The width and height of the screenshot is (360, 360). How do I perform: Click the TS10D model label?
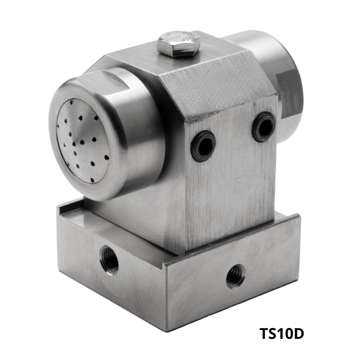pos(282,333)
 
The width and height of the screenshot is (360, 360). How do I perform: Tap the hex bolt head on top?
pos(178,45)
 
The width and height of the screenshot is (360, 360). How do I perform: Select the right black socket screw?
pos(264,127)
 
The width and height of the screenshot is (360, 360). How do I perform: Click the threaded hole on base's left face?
pos(109,260)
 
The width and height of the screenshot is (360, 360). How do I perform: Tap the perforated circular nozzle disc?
pos(82,141)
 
